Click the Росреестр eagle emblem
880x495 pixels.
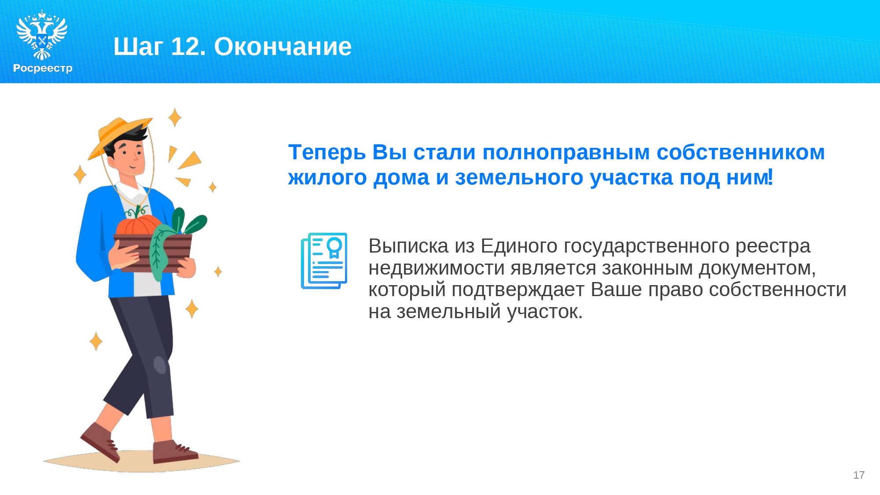point(42,35)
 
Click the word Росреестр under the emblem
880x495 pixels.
point(43,68)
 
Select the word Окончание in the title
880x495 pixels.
point(283,46)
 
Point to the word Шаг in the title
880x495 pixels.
point(138,47)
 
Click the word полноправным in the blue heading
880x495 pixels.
point(566,153)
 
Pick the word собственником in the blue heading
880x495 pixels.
point(741,152)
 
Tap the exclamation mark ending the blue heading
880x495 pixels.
point(770,177)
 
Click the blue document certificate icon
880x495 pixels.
point(324,261)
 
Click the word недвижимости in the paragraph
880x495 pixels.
point(438,268)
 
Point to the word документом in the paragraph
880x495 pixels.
point(757,268)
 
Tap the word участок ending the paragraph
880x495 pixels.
point(545,312)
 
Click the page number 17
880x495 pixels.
point(859,475)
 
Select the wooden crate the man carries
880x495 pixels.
point(153,253)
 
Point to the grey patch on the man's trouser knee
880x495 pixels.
point(159,365)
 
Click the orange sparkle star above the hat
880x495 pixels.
point(175,117)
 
